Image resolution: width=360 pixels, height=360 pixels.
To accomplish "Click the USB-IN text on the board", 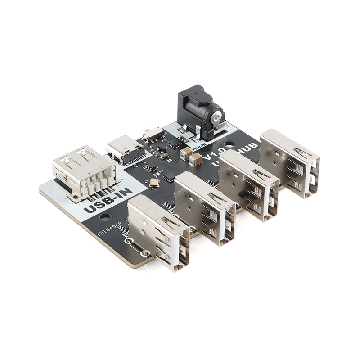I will pos(108,200).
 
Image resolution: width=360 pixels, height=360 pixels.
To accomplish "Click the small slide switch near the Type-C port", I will pos(153,133).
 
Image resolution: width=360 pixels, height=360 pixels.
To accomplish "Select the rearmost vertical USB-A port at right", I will pos(291,162).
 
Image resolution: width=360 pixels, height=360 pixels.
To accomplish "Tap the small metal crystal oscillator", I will pos(154,182).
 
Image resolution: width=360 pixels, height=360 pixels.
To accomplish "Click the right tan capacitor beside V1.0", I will pos(196,158).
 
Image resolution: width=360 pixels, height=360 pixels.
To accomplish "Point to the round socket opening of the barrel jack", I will pos(217,118).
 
